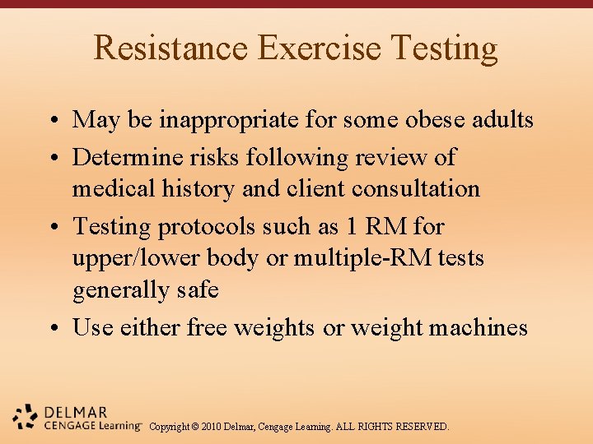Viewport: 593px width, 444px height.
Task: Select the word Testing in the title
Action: pyautogui.click(x=445, y=48)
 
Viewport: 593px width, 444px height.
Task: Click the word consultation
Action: pyautogui.click(x=416, y=188)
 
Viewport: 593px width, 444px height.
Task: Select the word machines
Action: pyautogui.click(x=481, y=327)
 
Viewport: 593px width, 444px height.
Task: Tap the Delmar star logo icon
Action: pyautogui.click(x=26, y=417)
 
